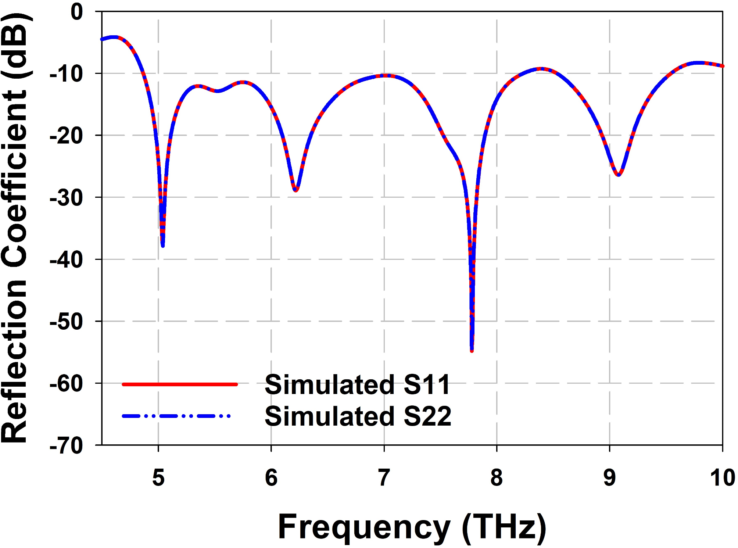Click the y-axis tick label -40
coord(66,259)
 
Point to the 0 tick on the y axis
coord(77,12)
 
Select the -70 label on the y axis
coord(66,446)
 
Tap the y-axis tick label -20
coord(66,136)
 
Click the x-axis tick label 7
coord(384,477)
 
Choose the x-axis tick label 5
coord(158,477)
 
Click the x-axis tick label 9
coord(609,477)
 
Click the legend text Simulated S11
coord(357,385)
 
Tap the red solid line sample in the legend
coord(180,384)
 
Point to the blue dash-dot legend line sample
coord(176,416)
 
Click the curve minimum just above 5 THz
coord(163,246)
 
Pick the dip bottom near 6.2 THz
coord(295,190)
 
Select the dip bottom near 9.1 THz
coord(619,175)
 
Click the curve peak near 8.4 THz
coord(541,69)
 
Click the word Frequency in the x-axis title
coord(364,526)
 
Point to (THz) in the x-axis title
coord(504,526)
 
